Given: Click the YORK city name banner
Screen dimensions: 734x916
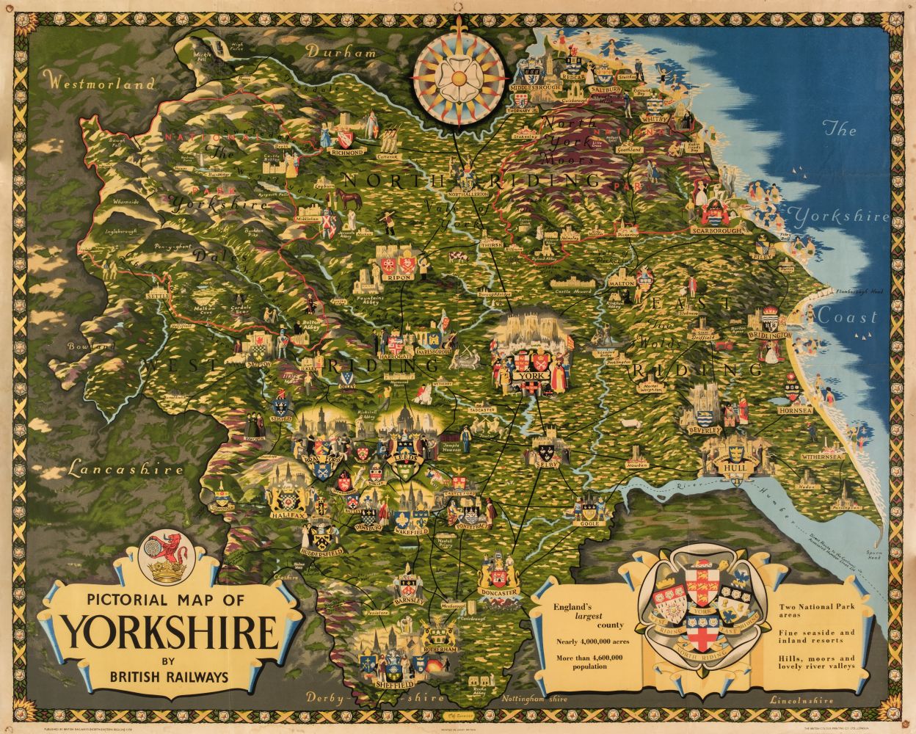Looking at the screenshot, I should tap(529, 376).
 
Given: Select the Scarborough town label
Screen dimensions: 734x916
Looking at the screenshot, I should tap(711, 230).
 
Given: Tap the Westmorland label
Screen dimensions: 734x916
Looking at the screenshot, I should tap(99, 84).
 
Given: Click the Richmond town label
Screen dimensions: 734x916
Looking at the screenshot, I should tap(348, 152).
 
